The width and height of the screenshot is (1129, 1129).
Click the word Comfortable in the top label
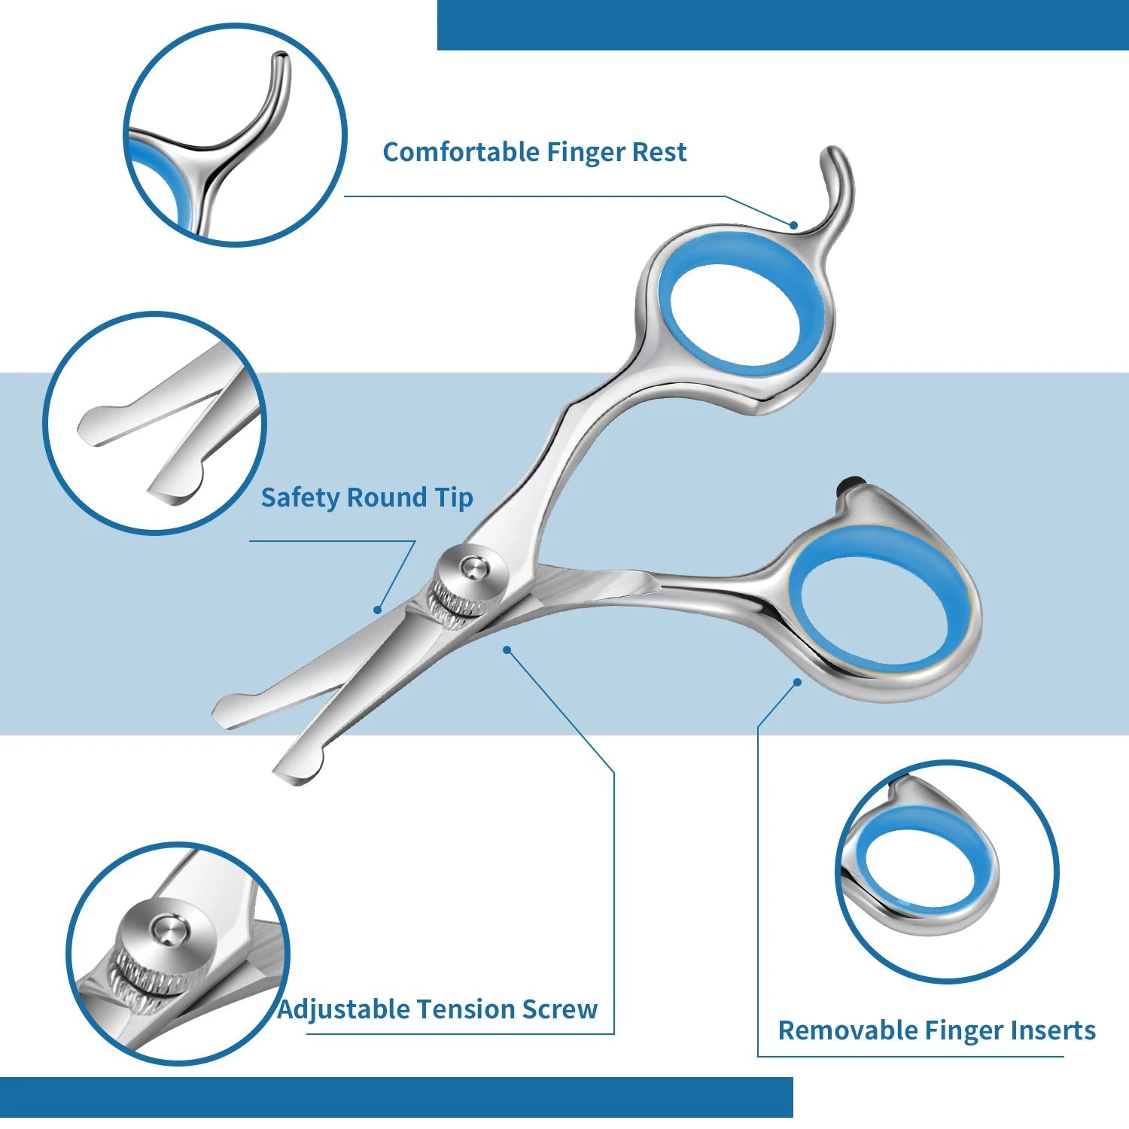pyautogui.click(x=461, y=152)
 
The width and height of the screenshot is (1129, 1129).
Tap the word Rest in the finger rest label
pyautogui.click(x=659, y=152)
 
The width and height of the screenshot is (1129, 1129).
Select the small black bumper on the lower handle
pyautogui.click(x=852, y=485)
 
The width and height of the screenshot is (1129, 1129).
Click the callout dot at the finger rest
pyautogui.click(x=793, y=224)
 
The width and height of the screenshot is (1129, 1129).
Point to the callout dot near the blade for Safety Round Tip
pyautogui.click(x=378, y=610)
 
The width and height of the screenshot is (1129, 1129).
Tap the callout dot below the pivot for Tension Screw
pyautogui.click(x=507, y=649)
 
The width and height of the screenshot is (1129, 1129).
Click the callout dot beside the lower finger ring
pyautogui.click(x=798, y=682)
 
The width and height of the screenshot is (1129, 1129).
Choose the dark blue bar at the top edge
pyautogui.click(x=783, y=25)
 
